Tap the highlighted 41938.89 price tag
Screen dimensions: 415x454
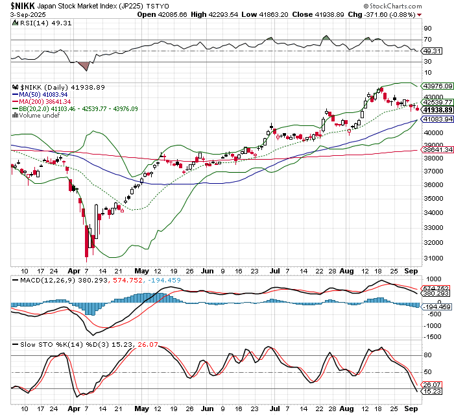tap(437, 110)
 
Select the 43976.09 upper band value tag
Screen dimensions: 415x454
tap(437, 86)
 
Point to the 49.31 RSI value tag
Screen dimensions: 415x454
tap(432, 51)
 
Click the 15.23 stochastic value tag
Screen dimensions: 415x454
tap(432, 392)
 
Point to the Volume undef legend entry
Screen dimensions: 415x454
tap(38, 116)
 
